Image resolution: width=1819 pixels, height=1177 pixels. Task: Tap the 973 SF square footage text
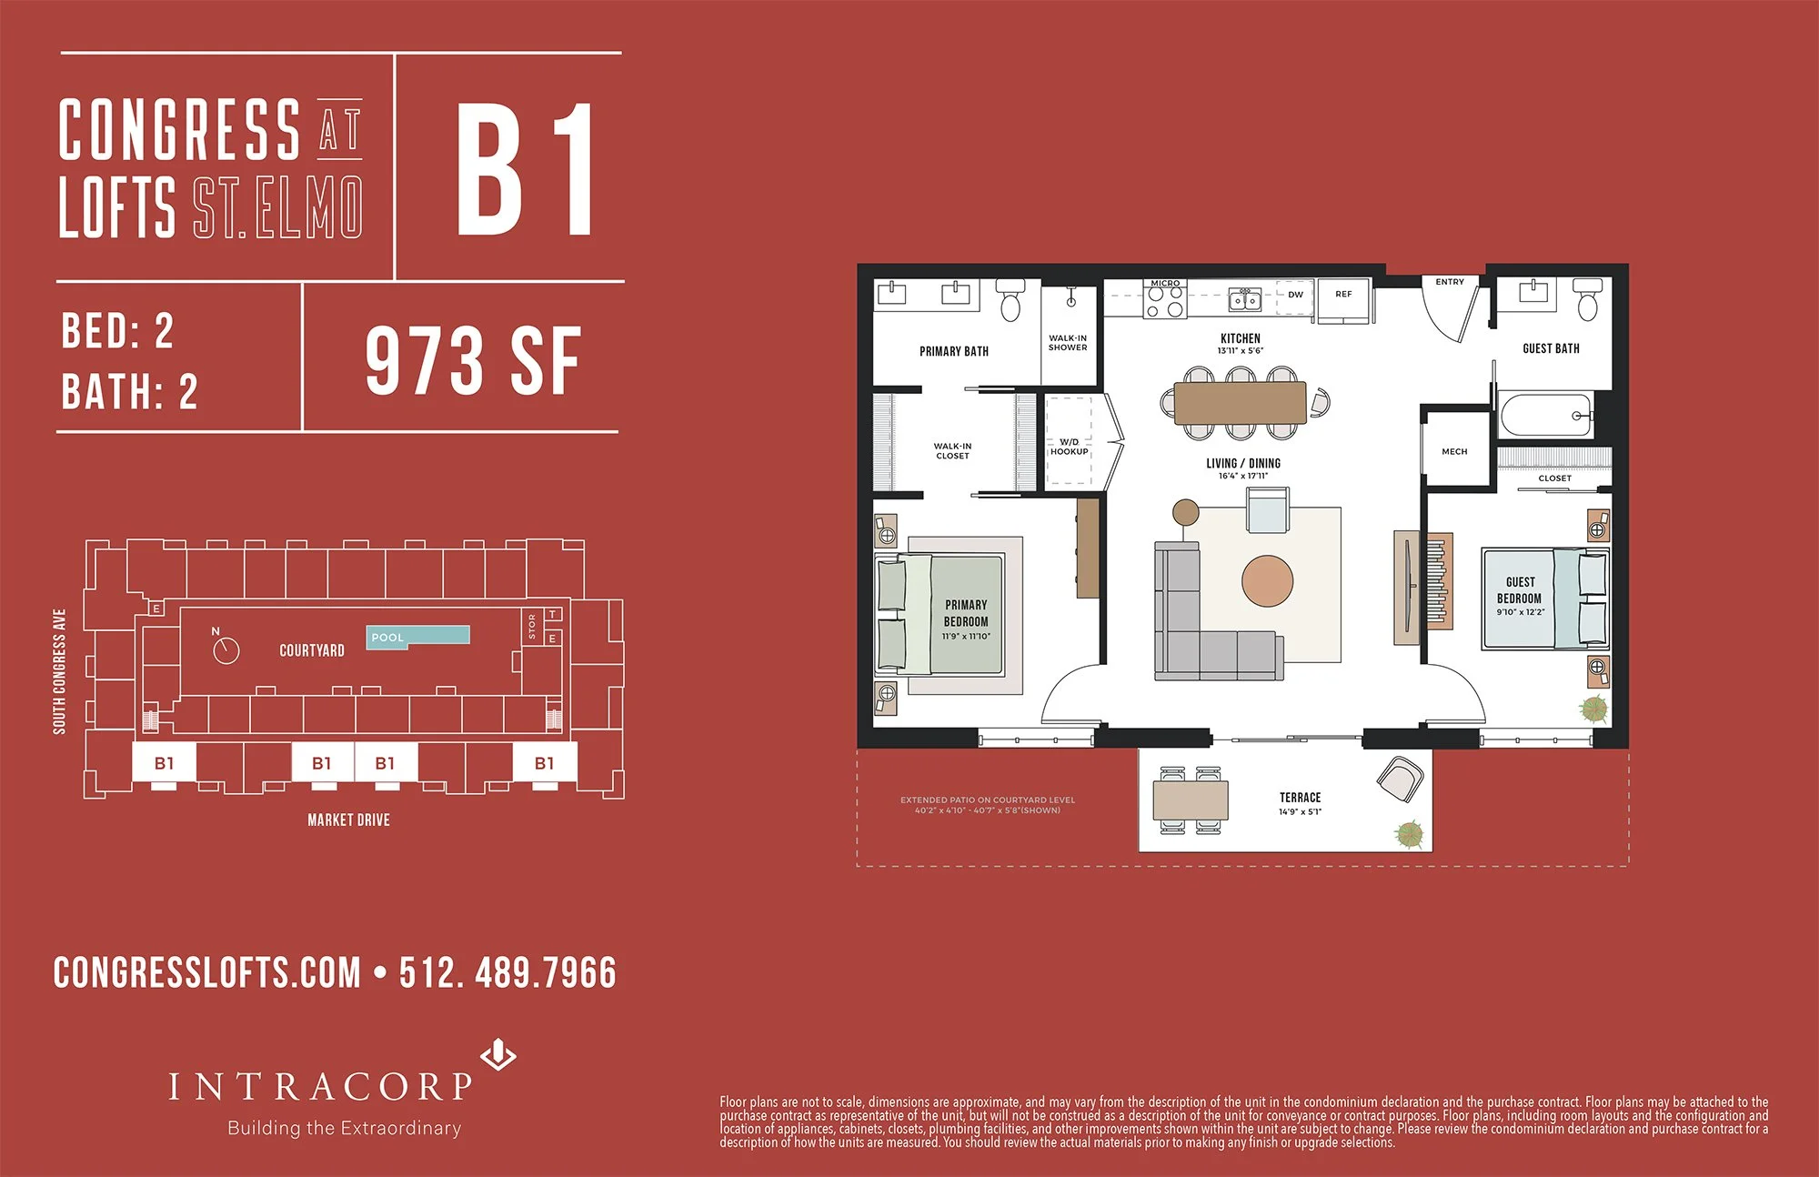(x=473, y=361)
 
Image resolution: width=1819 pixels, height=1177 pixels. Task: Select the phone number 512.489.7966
(x=508, y=972)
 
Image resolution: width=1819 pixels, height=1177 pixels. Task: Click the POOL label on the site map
(x=387, y=638)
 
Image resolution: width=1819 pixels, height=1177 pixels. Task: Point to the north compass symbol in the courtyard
(x=225, y=649)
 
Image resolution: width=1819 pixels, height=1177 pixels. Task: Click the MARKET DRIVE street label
(x=348, y=820)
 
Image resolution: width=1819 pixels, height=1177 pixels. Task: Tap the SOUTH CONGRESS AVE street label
(x=59, y=671)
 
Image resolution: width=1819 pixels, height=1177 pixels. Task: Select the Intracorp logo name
(x=320, y=1086)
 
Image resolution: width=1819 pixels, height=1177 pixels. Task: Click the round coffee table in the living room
(x=1267, y=581)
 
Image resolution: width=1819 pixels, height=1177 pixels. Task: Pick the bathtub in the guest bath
(x=1545, y=416)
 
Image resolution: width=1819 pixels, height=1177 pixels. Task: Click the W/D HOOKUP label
(x=1069, y=447)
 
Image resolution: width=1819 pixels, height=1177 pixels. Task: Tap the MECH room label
(x=1454, y=451)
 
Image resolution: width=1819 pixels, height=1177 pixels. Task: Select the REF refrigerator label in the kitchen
(x=1343, y=294)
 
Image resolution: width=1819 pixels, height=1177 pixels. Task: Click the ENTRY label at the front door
(x=1450, y=282)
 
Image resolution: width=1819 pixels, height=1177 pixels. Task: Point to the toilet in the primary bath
(x=1010, y=302)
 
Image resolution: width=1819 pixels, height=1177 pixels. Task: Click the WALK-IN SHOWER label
(x=1068, y=342)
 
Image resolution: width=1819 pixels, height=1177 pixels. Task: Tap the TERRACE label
(x=1300, y=797)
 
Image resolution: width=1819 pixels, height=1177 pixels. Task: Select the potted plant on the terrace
(x=1409, y=833)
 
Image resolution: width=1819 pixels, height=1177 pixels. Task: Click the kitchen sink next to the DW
(x=1244, y=299)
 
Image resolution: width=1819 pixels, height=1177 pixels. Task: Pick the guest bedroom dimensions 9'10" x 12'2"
(x=1520, y=612)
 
